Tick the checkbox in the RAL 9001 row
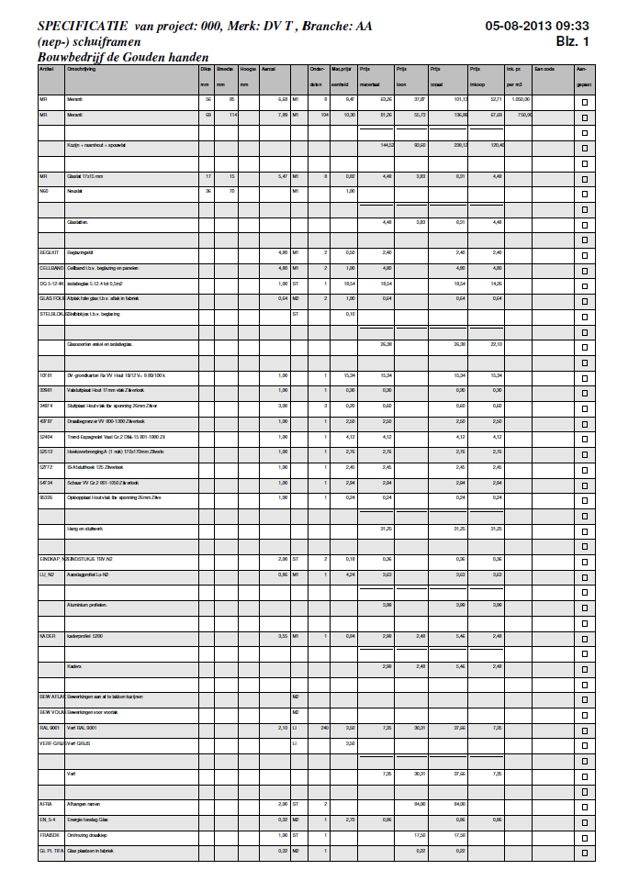(584, 730)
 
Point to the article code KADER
(47, 635)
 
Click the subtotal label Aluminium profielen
(87, 605)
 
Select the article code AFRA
(45, 804)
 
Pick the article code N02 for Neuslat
(43, 191)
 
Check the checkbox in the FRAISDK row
(584, 836)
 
